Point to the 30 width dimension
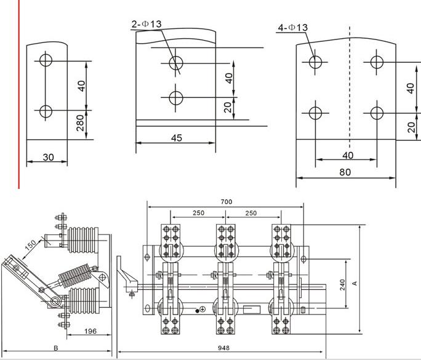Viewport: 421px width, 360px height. (x=48, y=157)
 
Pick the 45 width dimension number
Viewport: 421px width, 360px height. (x=176, y=138)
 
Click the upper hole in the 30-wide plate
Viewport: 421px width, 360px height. (x=46, y=61)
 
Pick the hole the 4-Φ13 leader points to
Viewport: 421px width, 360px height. (x=316, y=62)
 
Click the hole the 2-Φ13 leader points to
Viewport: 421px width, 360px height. (x=176, y=62)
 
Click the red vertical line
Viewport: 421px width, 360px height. (x=20, y=92)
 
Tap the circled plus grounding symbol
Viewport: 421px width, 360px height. (x=202, y=309)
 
